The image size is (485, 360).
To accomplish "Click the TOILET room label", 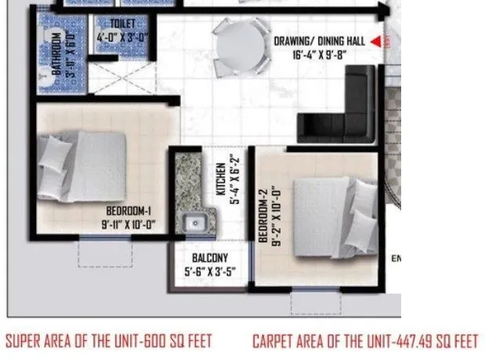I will [x=123, y=24].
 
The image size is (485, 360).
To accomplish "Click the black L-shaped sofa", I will [x=346, y=110].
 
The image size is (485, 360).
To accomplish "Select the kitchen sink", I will [x=194, y=223].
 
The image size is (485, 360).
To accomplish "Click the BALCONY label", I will [x=209, y=258].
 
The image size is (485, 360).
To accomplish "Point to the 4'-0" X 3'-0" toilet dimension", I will [x=123, y=36].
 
